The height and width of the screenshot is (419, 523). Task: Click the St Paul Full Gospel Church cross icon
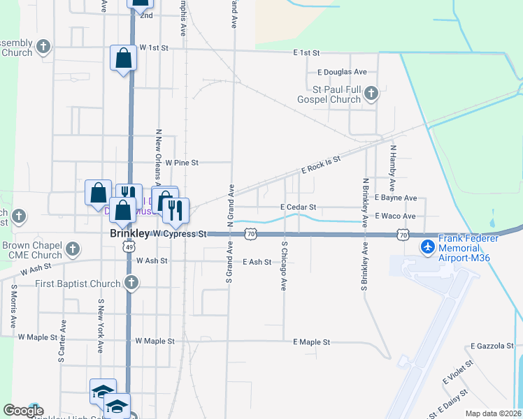tap(371, 92)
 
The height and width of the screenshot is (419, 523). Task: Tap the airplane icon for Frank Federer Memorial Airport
tap(428, 247)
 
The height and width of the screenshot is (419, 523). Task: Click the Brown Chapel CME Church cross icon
tap(72, 248)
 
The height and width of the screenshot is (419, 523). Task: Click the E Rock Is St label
tap(320, 165)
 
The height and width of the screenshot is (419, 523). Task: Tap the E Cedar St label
tap(299, 207)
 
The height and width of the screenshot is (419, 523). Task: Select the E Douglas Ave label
tap(342, 72)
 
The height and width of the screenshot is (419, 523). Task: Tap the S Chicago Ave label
tap(285, 266)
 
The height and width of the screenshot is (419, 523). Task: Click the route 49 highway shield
tap(128, 247)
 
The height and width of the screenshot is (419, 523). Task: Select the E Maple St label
tap(311, 342)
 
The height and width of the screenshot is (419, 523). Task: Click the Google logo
tap(23, 411)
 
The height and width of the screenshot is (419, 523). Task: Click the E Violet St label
tap(459, 378)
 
